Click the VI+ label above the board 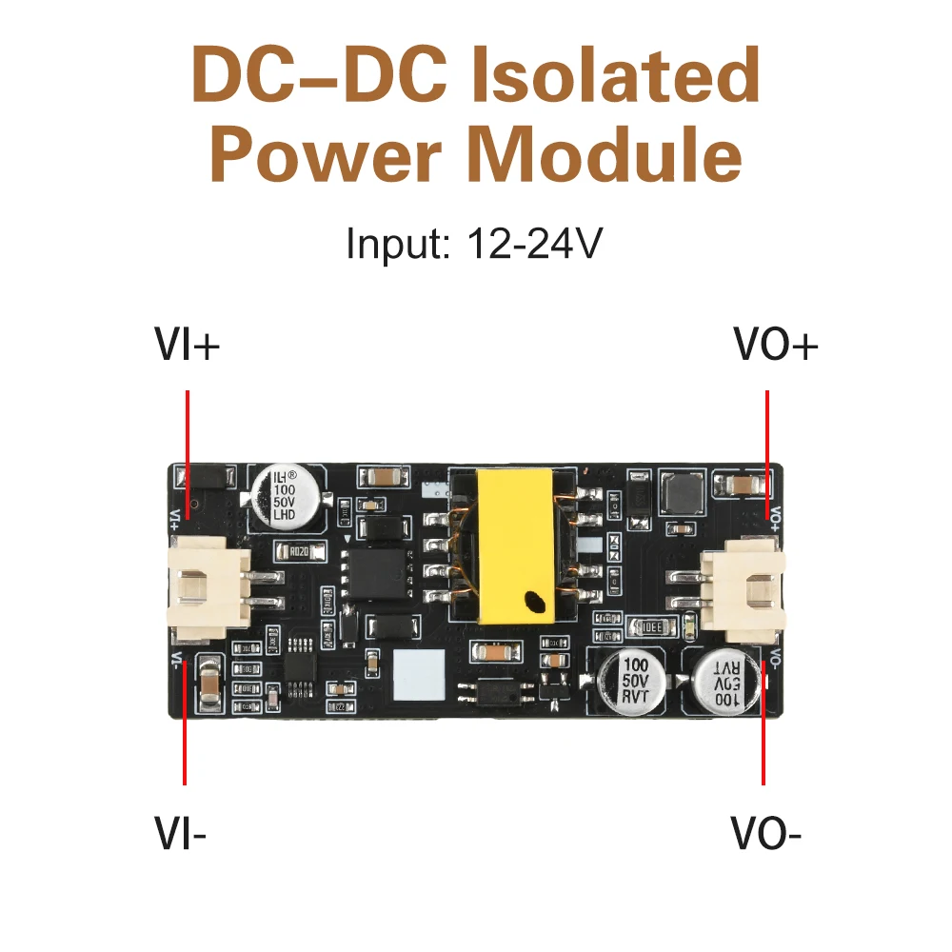click(188, 345)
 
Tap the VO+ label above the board click(776, 345)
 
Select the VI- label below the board click(181, 832)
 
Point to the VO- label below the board click(766, 832)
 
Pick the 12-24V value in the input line click(534, 244)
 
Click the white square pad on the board click(419, 677)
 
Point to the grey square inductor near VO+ click(682, 492)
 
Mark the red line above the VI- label click(185, 733)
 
